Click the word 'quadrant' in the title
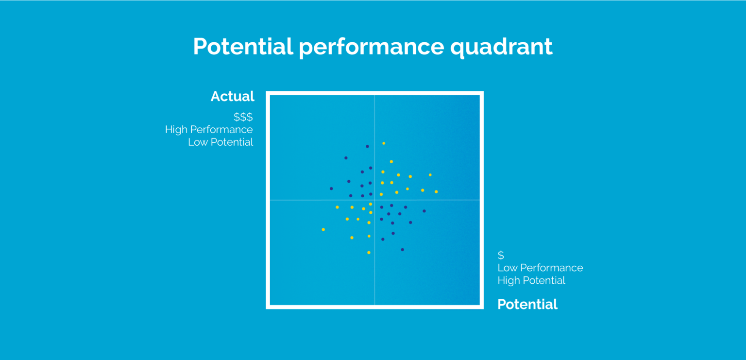pos(501,47)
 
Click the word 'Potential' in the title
pos(243,47)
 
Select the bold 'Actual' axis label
pos(232,96)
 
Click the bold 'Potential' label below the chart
pos(527,304)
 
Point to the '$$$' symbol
pos(243,117)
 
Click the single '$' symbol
pos(501,256)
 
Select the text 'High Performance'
pos(209,130)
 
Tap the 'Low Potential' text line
pos(220,142)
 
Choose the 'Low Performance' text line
pos(540,268)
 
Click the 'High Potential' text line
pos(531,280)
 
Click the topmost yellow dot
pos(384,143)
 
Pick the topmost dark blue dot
pos(367,146)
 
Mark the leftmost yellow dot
pos(323,229)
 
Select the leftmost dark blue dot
pos(331,189)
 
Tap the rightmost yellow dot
pos(436,192)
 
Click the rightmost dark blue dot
pos(424,211)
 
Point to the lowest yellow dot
pos(369,253)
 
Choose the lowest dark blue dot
pos(402,250)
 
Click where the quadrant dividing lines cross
pos(374,200)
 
